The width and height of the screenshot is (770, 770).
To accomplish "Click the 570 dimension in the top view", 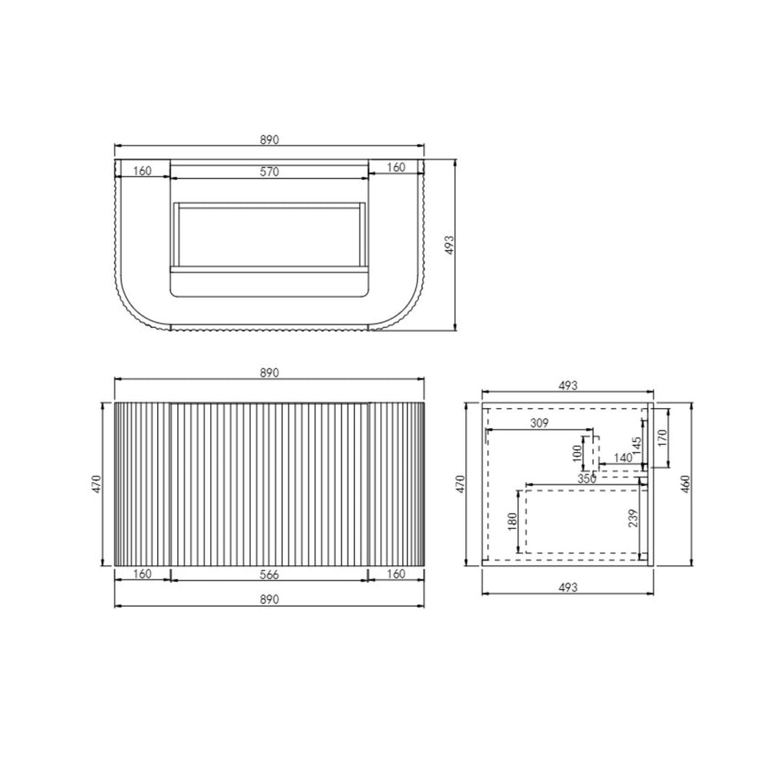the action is [x=269, y=172].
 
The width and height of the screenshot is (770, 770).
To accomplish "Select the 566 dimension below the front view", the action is [x=269, y=574].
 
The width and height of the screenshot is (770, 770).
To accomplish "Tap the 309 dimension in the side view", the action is [x=539, y=423].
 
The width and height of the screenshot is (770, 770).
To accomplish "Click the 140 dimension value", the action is [x=623, y=458].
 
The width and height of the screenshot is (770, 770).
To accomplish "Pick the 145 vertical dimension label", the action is [x=637, y=447].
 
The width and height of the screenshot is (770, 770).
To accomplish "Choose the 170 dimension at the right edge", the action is [x=662, y=438].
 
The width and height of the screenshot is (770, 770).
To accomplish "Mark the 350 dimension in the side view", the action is [x=587, y=479].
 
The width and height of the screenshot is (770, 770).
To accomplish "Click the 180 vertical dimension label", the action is [x=512, y=521].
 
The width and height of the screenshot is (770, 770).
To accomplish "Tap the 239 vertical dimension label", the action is [x=633, y=518].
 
